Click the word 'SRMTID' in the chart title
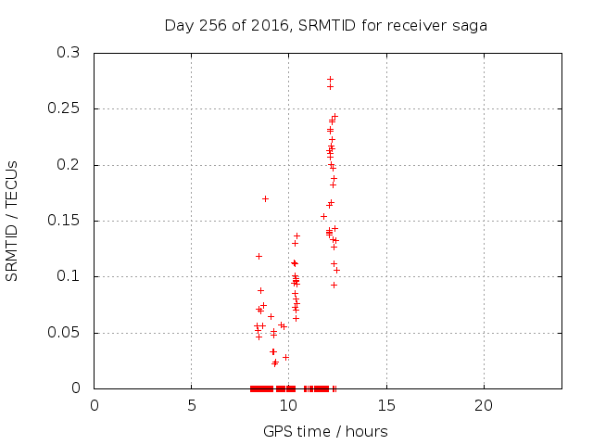point(327,25)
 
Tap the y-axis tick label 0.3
point(68,52)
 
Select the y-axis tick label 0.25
point(64,108)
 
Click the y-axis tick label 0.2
point(68,165)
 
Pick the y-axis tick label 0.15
point(64,221)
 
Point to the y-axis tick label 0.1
point(68,276)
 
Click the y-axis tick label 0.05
point(64,332)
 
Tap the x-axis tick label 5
point(192,405)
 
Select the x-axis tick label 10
point(289,405)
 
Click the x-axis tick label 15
point(386,405)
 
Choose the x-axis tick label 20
point(484,405)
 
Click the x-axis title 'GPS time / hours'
point(325,431)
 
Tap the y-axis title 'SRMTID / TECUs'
point(11,221)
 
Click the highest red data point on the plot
point(330,79)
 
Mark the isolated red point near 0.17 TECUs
point(266,198)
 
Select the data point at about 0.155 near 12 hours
point(323,216)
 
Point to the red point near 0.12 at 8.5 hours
point(259,256)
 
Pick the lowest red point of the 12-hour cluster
point(334,285)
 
